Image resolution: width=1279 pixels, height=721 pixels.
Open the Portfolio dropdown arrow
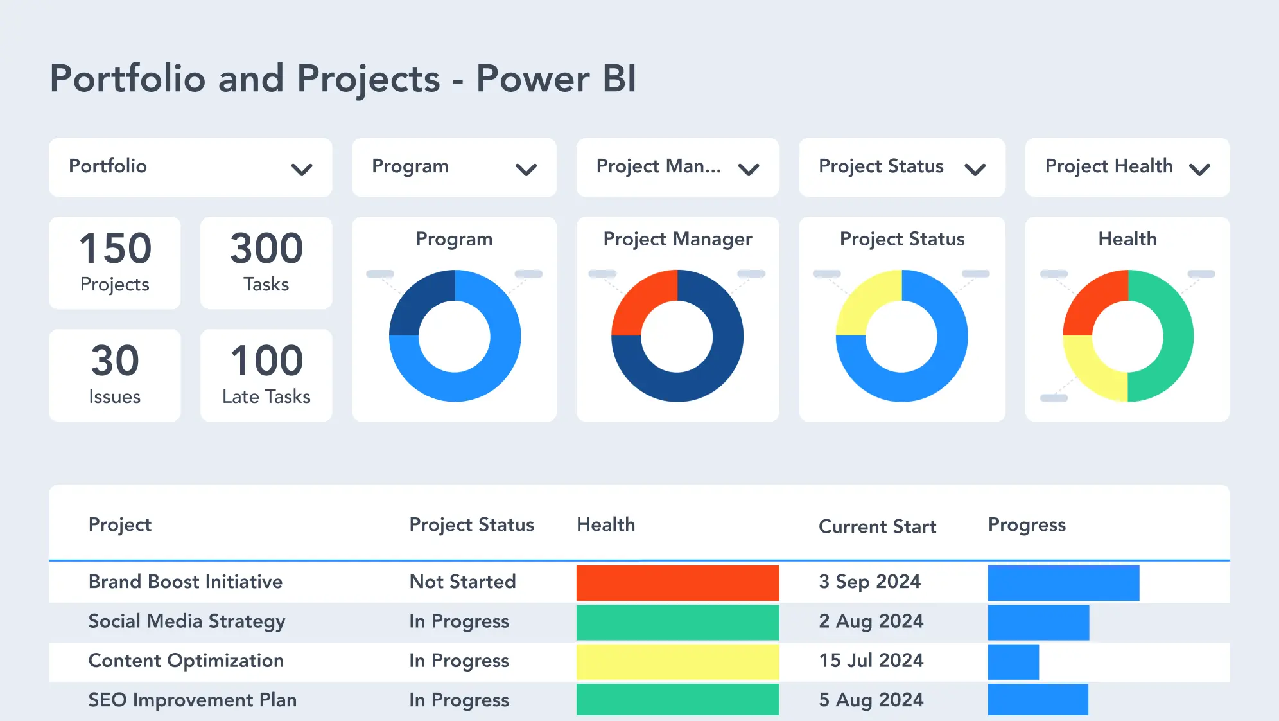[301, 170]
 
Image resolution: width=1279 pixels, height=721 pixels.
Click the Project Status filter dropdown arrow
[975, 170]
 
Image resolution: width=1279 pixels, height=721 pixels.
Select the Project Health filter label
[1108, 166]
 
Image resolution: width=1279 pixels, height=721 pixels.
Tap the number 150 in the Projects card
[115, 249]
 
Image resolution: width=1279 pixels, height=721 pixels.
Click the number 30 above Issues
[115, 360]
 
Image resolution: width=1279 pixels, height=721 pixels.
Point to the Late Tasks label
[266, 396]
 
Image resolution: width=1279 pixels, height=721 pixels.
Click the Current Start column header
[877, 527]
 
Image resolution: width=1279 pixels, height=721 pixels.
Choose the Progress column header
[1026, 525]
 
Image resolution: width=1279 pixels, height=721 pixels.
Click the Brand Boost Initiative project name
[185, 582]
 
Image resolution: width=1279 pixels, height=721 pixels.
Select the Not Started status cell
[462, 582]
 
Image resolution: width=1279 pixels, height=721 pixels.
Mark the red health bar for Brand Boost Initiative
[677, 583]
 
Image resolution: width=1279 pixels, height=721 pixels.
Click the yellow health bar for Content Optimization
[677, 662]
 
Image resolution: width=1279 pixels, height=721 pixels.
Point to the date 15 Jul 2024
[871, 661]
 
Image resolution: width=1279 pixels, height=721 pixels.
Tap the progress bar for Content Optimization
[1013, 662]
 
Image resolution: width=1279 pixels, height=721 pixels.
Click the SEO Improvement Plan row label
[192, 700]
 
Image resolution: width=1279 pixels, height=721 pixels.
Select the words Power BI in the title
[556, 79]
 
